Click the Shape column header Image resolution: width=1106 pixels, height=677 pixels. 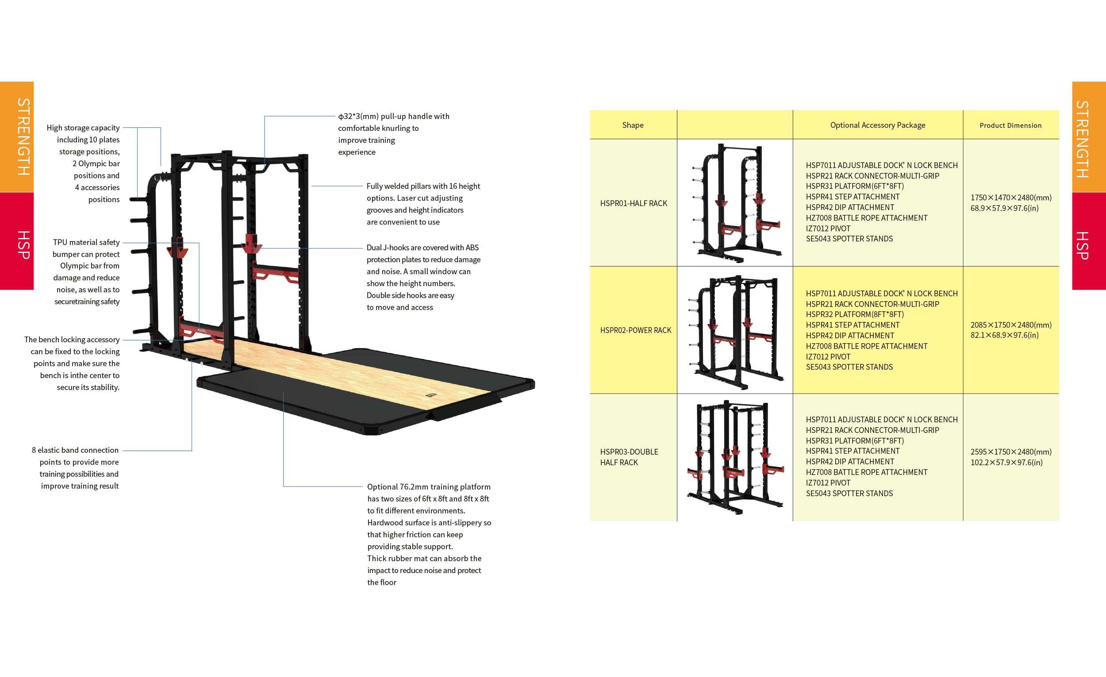[633, 125]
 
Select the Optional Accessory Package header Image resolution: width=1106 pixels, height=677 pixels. [878, 125]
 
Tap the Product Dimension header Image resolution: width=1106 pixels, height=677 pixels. [1010, 126]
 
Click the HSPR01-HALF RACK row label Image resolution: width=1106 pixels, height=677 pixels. [634, 203]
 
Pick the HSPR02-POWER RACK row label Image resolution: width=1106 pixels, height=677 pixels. [636, 330]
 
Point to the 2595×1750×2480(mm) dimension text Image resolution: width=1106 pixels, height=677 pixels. [1011, 452]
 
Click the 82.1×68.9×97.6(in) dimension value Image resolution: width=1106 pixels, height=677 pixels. [1005, 335]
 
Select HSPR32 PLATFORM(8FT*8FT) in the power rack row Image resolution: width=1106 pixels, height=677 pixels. [855, 314]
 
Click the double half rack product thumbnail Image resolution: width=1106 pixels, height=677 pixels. [735, 457]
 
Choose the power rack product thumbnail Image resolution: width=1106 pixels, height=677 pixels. [735, 332]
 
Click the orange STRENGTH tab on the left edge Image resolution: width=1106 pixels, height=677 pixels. [17, 137]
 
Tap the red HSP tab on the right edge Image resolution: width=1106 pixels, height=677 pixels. [1089, 241]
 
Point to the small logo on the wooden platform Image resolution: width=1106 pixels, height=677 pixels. [432, 395]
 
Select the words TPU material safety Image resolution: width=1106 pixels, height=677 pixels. [86, 242]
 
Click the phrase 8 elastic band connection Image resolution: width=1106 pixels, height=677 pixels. [75, 450]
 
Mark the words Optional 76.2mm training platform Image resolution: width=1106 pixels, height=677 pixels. [429, 487]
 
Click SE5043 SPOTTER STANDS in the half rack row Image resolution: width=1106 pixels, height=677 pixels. [849, 239]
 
